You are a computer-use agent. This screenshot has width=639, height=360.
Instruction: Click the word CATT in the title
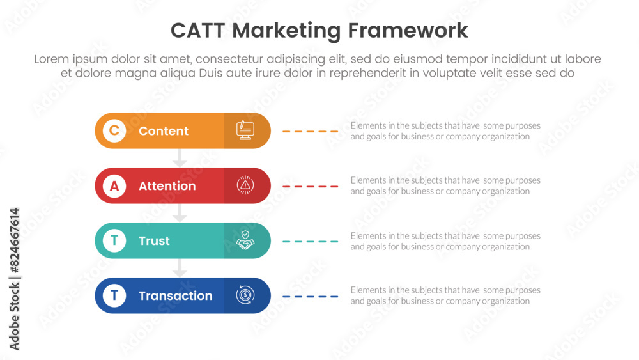pyautogui.click(x=197, y=31)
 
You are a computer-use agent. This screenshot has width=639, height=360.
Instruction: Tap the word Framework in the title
pyautogui.click(x=408, y=31)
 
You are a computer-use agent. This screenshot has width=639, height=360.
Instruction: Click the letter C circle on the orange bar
pyautogui.click(x=114, y=130)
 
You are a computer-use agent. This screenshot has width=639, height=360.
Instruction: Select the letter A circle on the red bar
pyautogui.click(x=114, y=186)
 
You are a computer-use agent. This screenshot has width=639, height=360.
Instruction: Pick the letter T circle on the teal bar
pyautogui.click(x=114, y=240)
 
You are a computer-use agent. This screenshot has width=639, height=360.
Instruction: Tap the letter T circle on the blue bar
pyautogui.click(x=114, y=295)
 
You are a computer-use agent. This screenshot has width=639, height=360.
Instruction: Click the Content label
pyautogui.click(x=164, y=131)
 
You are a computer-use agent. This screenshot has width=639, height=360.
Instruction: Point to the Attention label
pyautogui.click(x=167, y=186)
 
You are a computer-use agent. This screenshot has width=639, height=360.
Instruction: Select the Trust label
pyautogui.click(x=154, y=240)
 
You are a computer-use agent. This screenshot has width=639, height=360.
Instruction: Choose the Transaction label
pyautogui.click(x=175, y=295)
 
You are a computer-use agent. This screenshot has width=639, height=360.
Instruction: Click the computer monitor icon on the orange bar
pyautogui.click(x=245, y=130)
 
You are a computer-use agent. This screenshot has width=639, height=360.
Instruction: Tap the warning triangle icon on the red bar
pyautogui.click(x=245, y=185)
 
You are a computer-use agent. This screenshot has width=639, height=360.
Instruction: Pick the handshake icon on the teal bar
pyautogui.click(x=245, y=240)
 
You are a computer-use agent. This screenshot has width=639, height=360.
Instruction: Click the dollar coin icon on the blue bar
pyautogui.click(x=245, y=295)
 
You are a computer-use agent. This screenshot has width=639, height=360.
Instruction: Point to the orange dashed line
pyautogui.click(x=310, y=131)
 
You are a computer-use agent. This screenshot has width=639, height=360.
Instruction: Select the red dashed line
pyautogui.click(x=310, y=186)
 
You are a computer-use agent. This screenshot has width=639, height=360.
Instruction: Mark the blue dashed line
pyautogui.click(x=310, y=297)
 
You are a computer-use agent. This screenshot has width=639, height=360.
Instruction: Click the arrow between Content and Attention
pyautogui.click(x=180, y=158)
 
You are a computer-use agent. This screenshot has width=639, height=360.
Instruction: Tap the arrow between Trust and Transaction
pyautogui.click(x=180, y=268)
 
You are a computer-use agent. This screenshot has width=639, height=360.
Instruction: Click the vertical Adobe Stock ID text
pyautogui.click(x=14, y=279)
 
